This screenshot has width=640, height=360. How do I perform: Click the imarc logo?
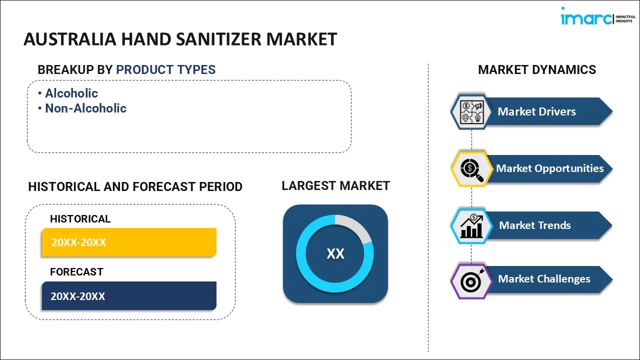tap(598, 16)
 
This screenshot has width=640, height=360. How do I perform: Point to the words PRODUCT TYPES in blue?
tap(165, 69)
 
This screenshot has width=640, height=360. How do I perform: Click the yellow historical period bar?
tap(129, 242)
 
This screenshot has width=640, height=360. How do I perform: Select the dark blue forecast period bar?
tap(129, 295)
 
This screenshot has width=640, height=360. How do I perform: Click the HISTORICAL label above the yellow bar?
tap(80, 219)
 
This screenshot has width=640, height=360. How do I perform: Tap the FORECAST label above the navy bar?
tap(76, 271)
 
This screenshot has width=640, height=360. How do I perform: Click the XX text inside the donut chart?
tap(335, 253)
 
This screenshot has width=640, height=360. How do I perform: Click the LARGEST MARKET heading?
tap(335, 185)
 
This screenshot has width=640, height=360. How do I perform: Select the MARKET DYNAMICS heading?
tap(537, 69)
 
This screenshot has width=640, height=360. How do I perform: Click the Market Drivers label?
tap(536, 111)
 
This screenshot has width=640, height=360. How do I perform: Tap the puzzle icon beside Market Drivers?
tap(471, 112)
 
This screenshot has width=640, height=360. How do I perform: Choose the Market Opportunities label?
tap(549, 168)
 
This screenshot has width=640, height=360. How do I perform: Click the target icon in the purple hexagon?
tap(471, 280)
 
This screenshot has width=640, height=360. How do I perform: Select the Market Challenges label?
tap(544, 279)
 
